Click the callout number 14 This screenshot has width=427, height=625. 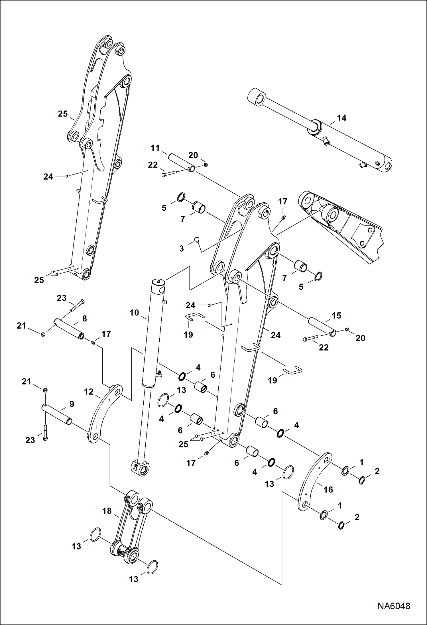[x=341, y=118]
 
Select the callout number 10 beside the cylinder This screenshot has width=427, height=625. [x=134, y=313]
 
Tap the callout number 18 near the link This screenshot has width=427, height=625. [x=107, y=511]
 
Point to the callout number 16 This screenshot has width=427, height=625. [x=328, y=489]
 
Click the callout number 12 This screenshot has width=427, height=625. [x=89, y=392]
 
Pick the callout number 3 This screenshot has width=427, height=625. [x=182, y=248]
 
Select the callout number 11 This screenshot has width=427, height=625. [x=155, y=148]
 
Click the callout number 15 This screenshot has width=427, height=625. [x=336, y=315]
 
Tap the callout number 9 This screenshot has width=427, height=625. [x=72, y=404]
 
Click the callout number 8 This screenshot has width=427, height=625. [x=84, y=318]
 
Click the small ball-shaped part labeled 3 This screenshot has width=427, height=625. [x=196, y=239]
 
